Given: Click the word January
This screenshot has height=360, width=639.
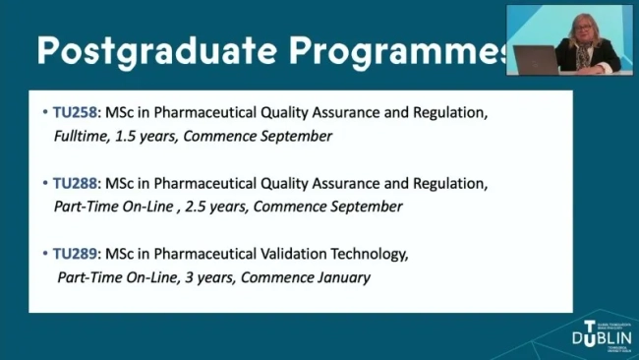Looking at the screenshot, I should pos(338,277).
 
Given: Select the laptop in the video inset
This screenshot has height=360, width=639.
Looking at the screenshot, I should pos(535,58).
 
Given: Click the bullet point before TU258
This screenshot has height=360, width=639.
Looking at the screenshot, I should pos(45,113).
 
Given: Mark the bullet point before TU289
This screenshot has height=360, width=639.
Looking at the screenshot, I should pos(45,255).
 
